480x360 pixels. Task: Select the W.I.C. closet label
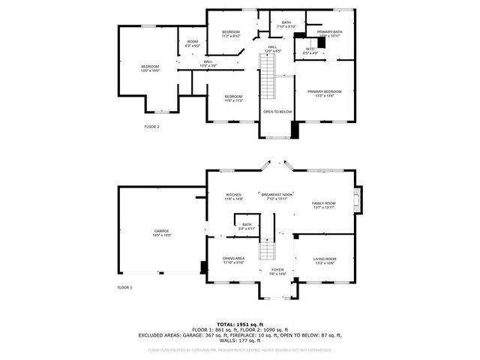pos(310,51)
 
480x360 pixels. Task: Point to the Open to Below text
pos(277,112)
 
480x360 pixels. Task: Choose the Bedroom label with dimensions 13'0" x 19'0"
pos(151,68)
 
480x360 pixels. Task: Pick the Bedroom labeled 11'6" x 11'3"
pos(232,97)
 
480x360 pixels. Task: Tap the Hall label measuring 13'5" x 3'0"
pos(208,64)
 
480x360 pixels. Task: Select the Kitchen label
pos(234,196)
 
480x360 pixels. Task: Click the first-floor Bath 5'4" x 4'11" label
pos(247,226)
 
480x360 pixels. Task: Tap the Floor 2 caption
pos(151,127)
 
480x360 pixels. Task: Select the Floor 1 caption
pos(124,287)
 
